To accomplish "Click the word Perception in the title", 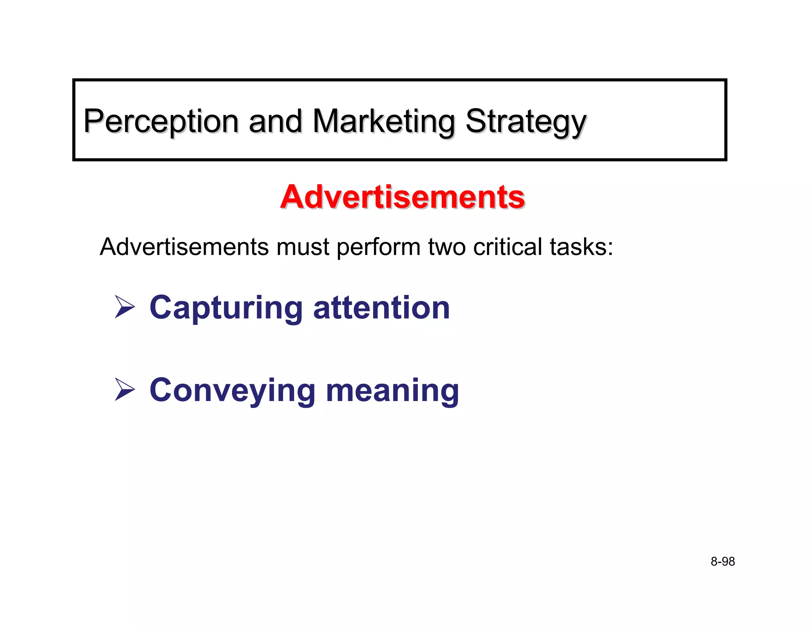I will [161, 121].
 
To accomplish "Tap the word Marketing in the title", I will [384, 121].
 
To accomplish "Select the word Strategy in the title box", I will [526, 121].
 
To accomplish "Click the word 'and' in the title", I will [275, 121].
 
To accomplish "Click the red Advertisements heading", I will [402, 197].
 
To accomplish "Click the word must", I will [303, 247].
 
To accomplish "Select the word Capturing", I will [226, 308].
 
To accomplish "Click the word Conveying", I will [232, 391].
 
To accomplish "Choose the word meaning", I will [392, 391].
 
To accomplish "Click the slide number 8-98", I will [722, 562].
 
